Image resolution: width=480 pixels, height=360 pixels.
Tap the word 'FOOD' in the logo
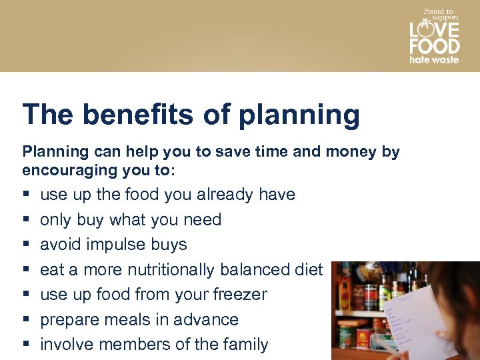click(434, 46)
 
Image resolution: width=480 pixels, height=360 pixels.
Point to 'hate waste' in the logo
click(434, 60)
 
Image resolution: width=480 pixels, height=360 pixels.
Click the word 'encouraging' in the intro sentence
click(64, 170)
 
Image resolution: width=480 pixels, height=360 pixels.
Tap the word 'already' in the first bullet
click(225, 195)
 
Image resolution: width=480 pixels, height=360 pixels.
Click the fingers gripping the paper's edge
click(443, 313)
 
